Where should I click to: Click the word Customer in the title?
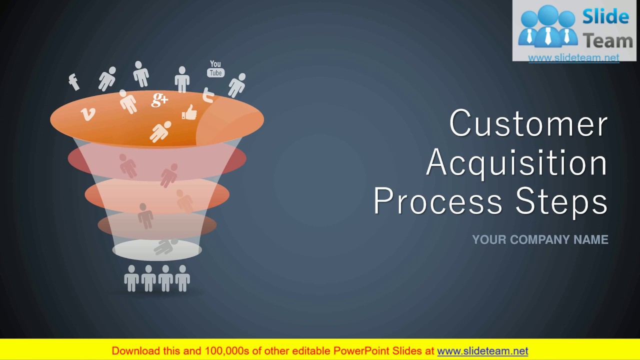(x=528, y=123)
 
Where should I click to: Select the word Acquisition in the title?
(x=516, y=162)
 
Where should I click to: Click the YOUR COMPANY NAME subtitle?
(x=540, y=240)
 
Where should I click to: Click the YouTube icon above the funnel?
(x=215, y=69)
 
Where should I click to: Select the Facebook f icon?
(x=74, y=81)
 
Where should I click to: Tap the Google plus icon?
(x=159, y=99)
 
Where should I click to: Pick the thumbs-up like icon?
(x=189, y=112)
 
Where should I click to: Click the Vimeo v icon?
(x=87, y=114)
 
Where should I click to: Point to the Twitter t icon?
(x=208, y=94)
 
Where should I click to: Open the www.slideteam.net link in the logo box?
(x=573, y=57)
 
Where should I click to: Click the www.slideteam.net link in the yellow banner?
(x=482, y=351)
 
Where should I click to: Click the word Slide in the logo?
(x=605, y=17)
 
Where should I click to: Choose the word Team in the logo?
(x=607, y=40)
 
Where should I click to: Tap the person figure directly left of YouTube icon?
(x=182, y=79)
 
